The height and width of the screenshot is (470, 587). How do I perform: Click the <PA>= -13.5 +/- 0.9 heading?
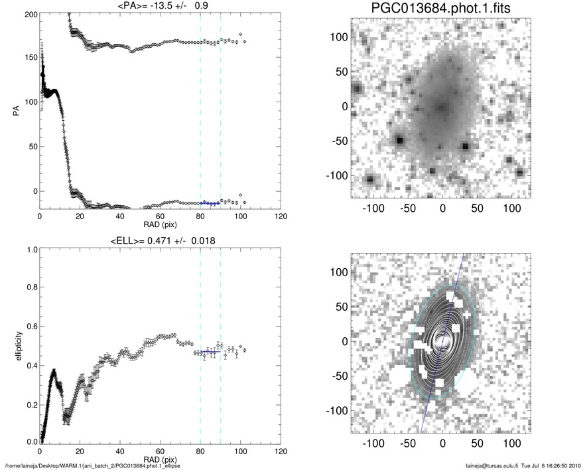click(160, 7)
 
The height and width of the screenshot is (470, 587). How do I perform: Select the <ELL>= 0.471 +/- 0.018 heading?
click(160, 240)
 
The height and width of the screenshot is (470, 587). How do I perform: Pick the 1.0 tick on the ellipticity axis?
click(30, 250)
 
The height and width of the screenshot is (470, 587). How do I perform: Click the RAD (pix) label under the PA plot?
click(160, 224)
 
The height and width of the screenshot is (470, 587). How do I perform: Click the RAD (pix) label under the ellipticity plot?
click(160, 458)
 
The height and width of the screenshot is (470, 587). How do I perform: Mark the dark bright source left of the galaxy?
click(399, 141)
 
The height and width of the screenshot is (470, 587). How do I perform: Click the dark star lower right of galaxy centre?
click(466, 146)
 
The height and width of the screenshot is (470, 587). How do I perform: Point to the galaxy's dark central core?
click(441, 106)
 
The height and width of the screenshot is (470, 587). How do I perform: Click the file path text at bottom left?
click(93, 465)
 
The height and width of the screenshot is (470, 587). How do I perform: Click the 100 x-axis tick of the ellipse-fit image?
click(511, 443)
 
